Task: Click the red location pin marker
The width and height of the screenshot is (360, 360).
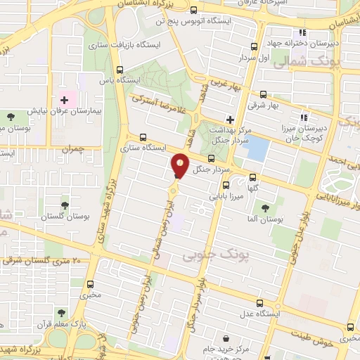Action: pyautogui.click(x=181, y=165)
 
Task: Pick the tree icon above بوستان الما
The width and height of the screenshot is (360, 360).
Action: pyautogui.click(x=265, y=207)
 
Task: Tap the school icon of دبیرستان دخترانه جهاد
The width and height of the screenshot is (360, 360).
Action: pyautogui.click(x=302, y=32)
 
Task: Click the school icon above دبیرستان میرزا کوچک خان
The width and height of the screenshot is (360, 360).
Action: pyautogui.click(x=304, y=117)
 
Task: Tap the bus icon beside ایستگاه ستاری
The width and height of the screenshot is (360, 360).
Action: pyautogui.click(x=143, y=137)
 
